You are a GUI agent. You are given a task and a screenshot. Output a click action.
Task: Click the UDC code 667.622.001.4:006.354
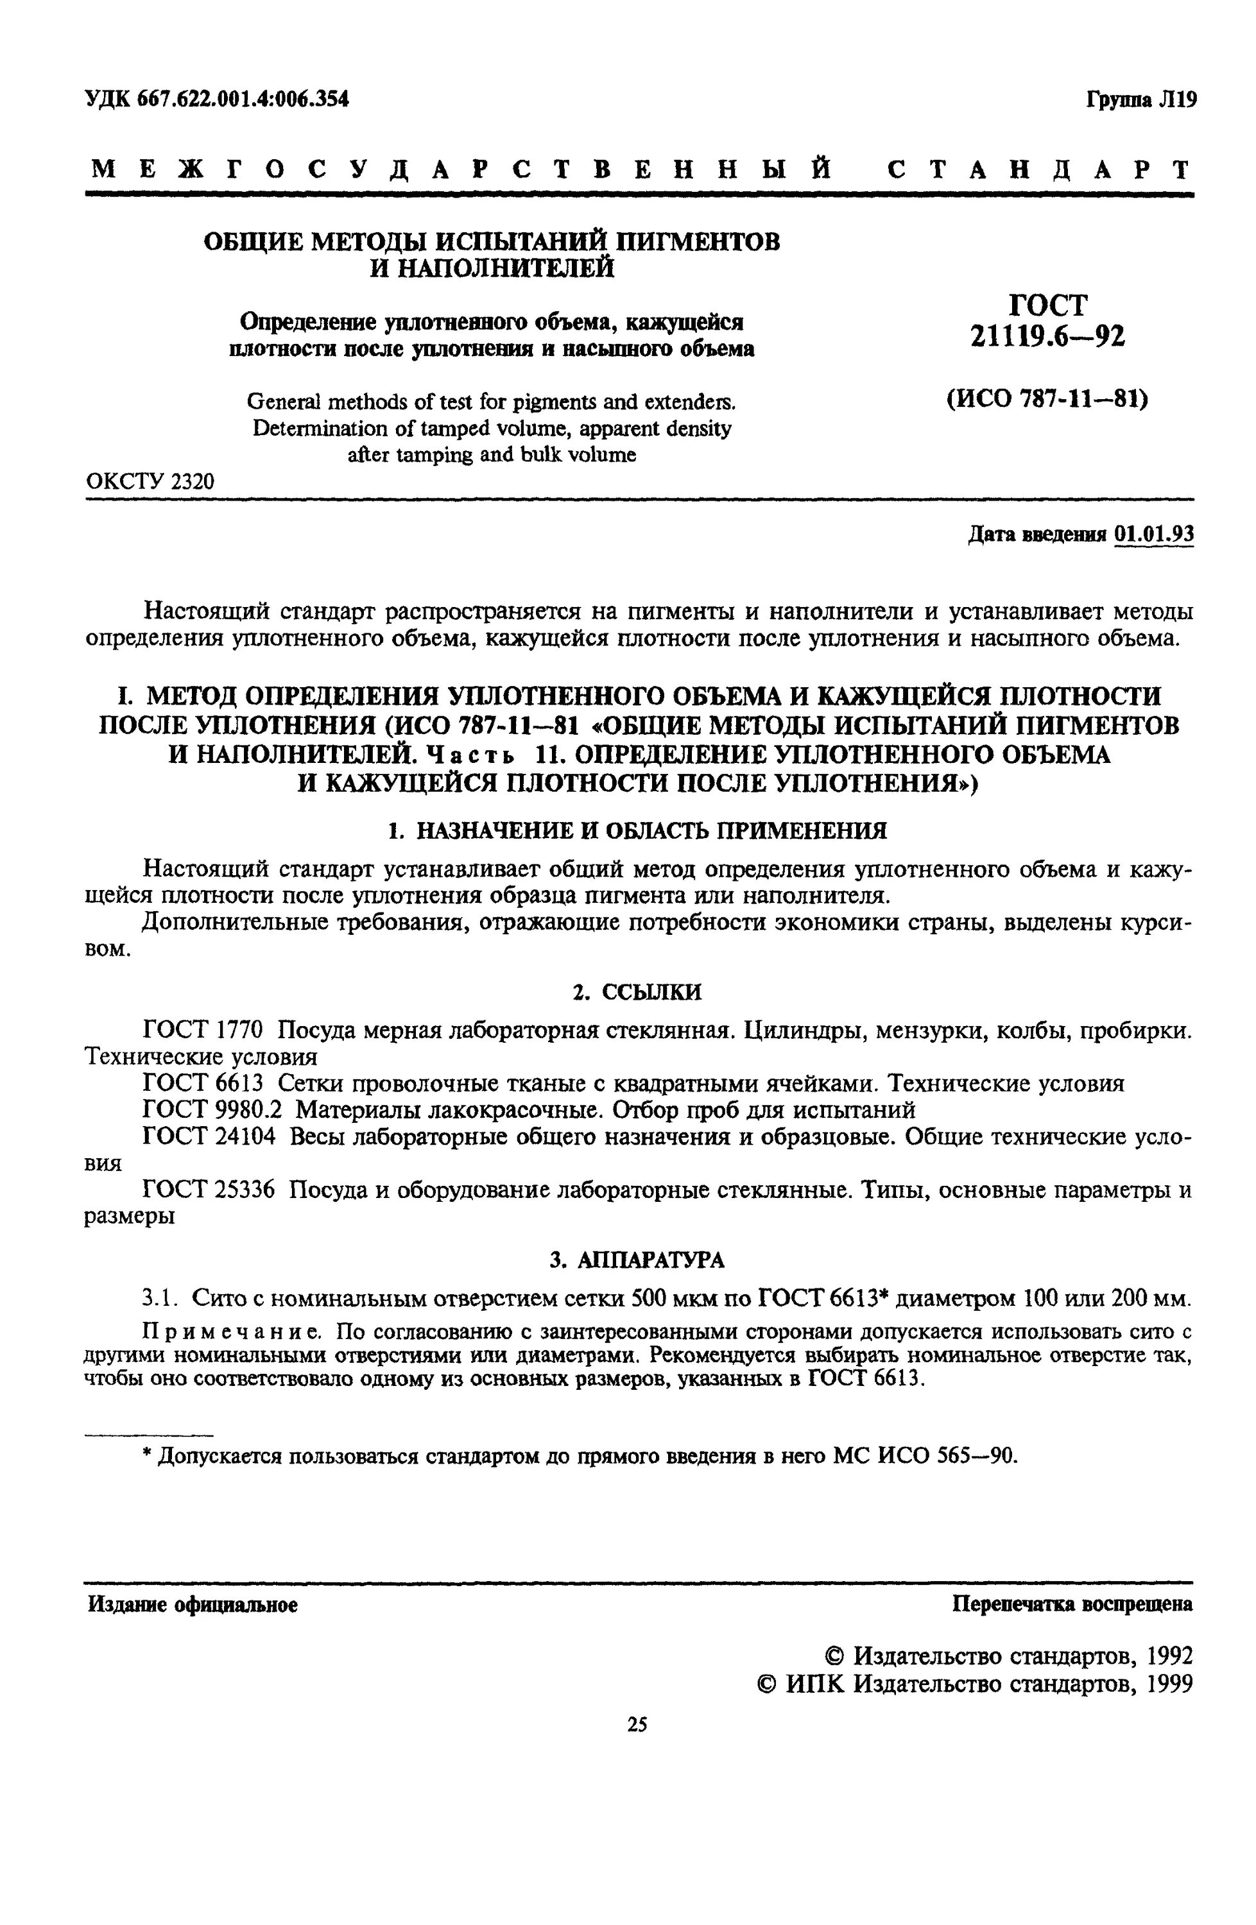(x=243, y=99)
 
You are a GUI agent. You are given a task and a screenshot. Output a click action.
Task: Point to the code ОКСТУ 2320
(x=150, y=481)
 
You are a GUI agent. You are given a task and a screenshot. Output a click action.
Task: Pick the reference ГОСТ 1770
(x=203, y=1031)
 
